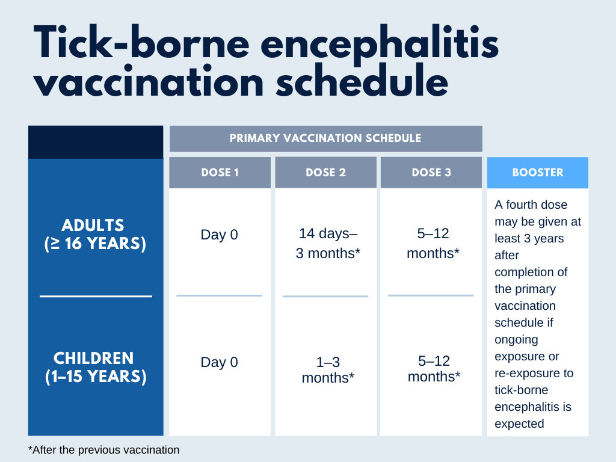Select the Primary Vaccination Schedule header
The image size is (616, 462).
(325, 138)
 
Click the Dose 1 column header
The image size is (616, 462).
(220, 173)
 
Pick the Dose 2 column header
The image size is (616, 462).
(325, 173)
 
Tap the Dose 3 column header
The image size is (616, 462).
(431, 173)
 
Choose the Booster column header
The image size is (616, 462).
(538, 173)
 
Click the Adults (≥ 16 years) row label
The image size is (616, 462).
(96, 235)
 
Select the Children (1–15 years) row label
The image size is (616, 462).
(96, 367)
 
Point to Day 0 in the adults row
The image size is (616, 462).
(219, 235)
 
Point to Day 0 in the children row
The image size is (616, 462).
(219, 362)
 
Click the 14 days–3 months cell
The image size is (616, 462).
(328, 244)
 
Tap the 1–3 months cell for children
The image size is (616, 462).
(328, 370)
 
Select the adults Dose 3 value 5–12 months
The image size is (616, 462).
(433, 244)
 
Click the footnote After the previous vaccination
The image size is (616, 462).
(104, 449)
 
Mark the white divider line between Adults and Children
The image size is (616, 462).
(96, 296)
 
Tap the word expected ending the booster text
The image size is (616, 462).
(519, 423)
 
